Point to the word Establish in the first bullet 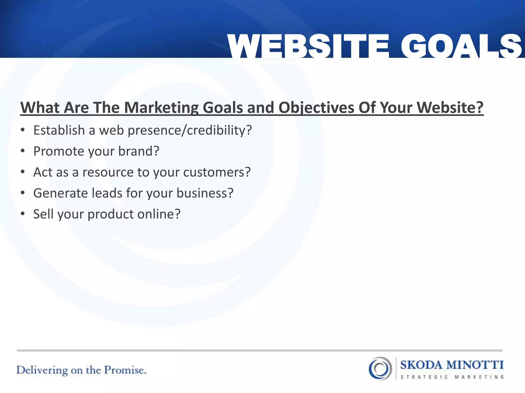(59, 130)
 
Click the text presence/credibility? (190, 130)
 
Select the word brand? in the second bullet (139, 151)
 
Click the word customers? (217, 172)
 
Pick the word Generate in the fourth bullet (60, 193)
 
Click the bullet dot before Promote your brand (23, 151)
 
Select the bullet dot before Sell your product (23, 214)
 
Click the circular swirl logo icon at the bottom (380, 368)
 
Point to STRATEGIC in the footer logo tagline (424, 377)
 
